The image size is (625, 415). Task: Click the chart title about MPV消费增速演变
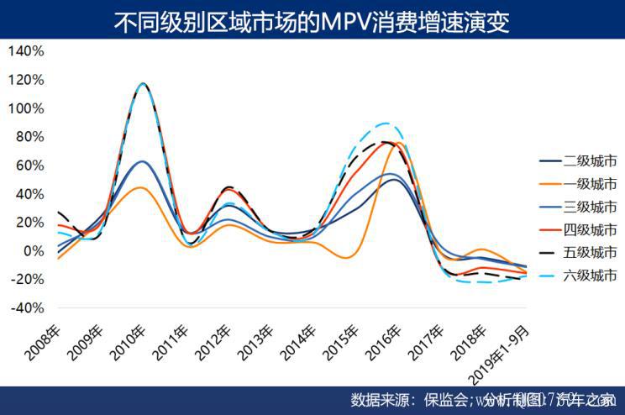coord(312,21)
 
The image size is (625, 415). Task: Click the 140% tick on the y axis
coord(26,51)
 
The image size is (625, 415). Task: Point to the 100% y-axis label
coord(26,108)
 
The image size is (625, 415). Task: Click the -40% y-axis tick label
coord(26,307)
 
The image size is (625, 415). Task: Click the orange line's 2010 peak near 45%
coord(142,187)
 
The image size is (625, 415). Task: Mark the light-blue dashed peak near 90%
coord(386,123)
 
